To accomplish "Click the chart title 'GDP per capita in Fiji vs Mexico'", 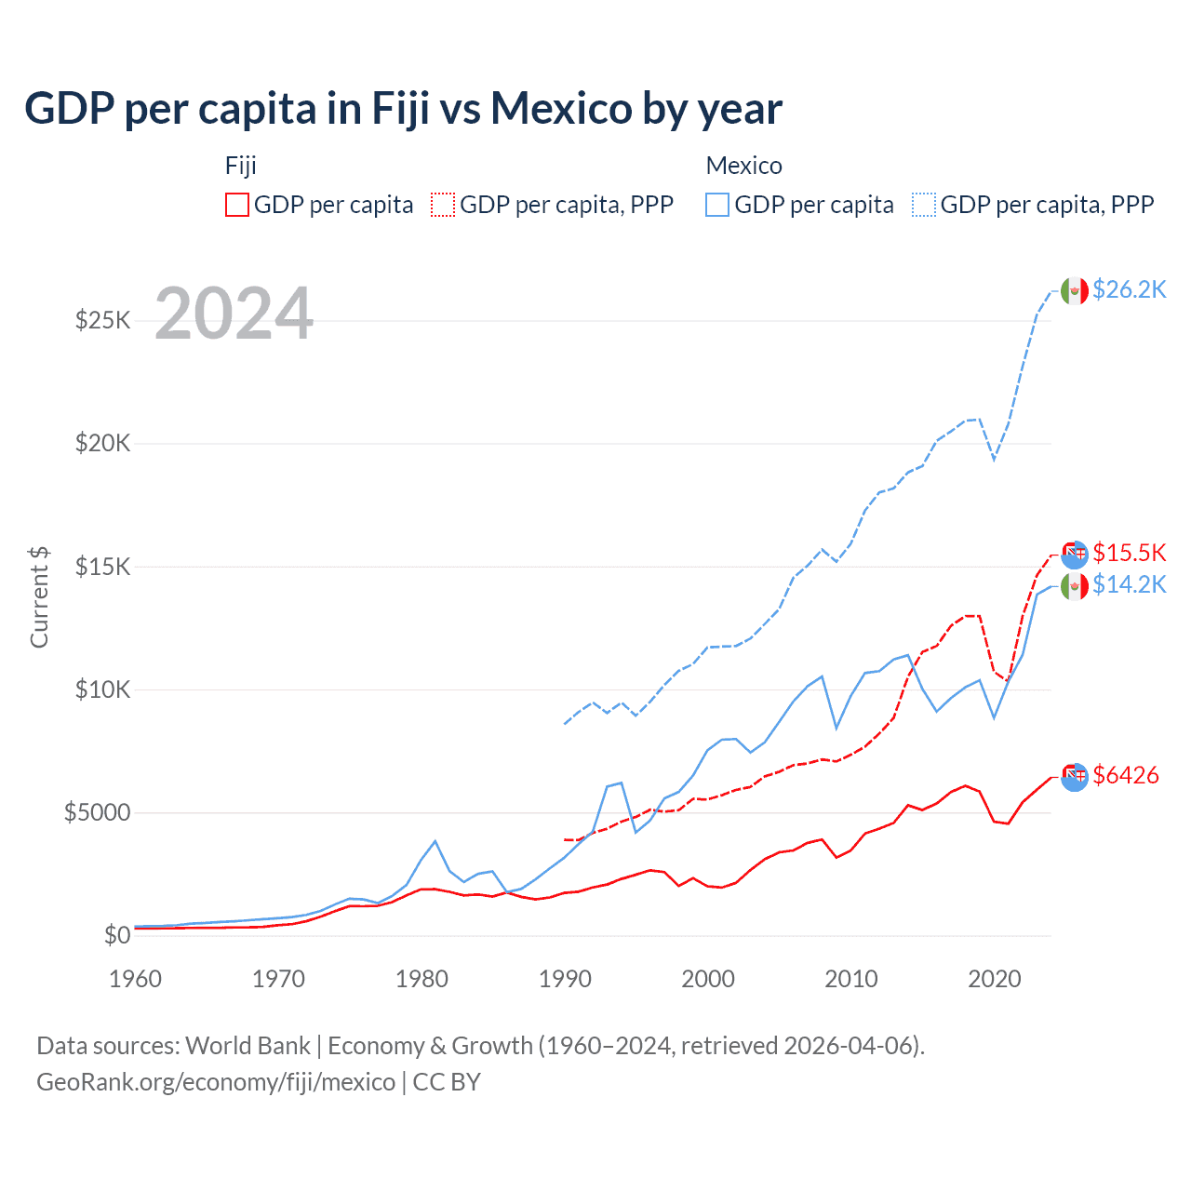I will [403, 109].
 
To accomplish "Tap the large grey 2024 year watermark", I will [234, 314].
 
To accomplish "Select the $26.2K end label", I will [1129, 289].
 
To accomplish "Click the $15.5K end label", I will [1129, 553].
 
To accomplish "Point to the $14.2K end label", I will [1129, 584].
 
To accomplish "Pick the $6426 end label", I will [1125, 775].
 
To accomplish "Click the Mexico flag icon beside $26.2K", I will [1075, 291].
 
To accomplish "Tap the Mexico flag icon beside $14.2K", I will [1075, 586].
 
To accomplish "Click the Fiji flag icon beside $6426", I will [1075, 777].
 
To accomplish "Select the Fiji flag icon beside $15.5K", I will [1075, 555].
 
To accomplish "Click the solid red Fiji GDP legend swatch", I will [237, 205].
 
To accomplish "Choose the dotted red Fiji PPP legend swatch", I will [443, 205].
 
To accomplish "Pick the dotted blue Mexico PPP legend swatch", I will [924, 205].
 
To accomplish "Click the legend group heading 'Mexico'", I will [743, 166].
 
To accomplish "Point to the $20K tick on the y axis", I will [102, 443].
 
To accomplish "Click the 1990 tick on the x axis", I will [565, 979].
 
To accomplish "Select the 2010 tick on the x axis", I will [851, 979].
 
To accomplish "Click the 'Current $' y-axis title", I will [39, 597].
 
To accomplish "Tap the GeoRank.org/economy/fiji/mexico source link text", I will [216, 1082].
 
